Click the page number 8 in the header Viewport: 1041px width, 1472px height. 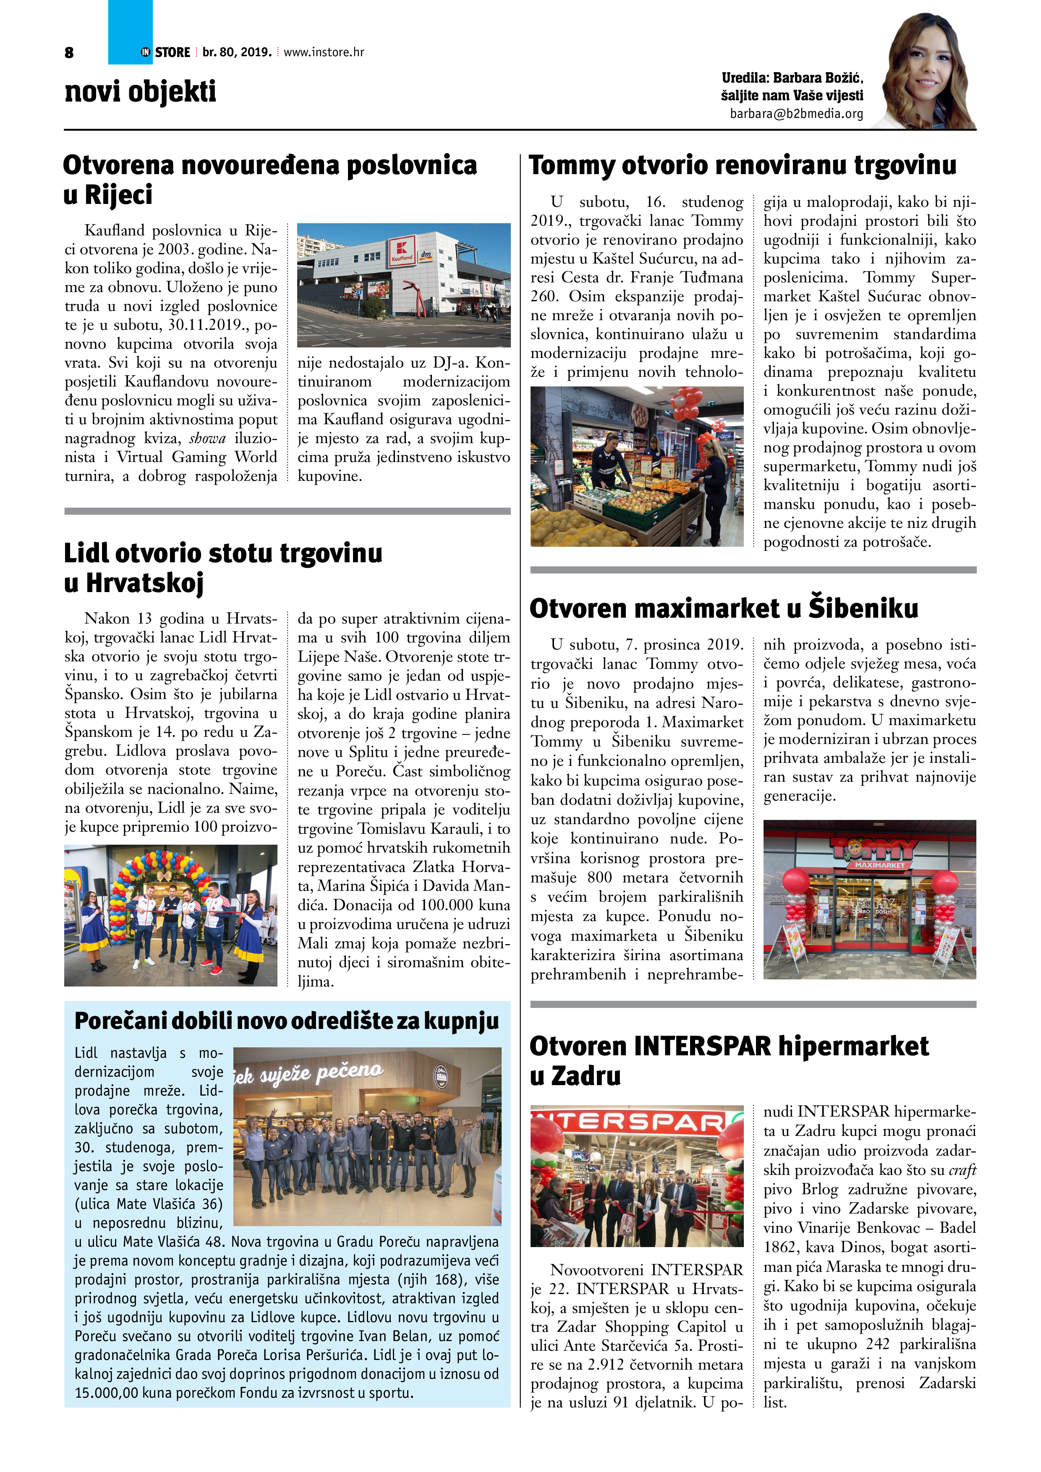[x=69, y=52]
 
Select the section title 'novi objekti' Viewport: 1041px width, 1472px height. [x=141, y=91]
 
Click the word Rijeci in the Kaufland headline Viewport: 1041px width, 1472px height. [x=119, y=194]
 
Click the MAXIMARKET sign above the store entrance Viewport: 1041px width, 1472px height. [x=879, y=865]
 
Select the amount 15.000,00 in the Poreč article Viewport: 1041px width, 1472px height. [x=105, y=1393]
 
